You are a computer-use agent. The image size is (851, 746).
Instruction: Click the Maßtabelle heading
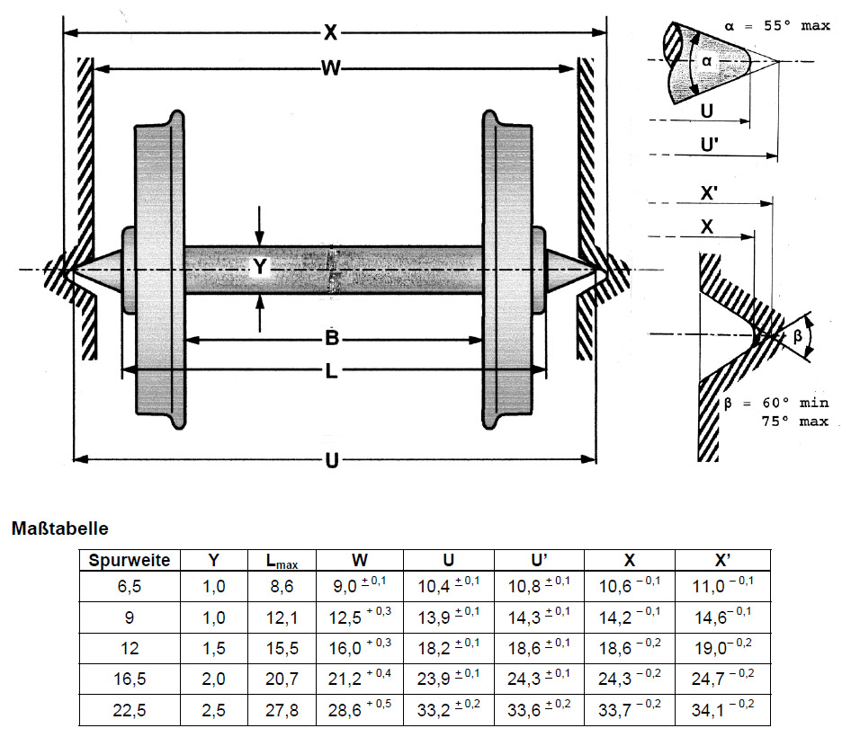click(x=60, y=528)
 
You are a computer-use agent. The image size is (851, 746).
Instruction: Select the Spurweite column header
click(x=130, y=560)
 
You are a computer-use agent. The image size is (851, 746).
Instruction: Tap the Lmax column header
click(x=281, y=561)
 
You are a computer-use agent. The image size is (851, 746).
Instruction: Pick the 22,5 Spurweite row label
click(x=130, y=711)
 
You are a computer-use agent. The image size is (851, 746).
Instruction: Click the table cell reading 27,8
click(x=281, y=711)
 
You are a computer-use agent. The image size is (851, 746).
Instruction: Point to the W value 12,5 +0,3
click(x=358, y=620)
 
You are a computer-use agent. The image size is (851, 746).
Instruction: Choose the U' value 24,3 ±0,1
click(x=539, y=680)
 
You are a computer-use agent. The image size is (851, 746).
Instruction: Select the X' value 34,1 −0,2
click(x=722, y=711)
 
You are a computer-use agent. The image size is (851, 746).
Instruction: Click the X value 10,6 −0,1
click(x=630, y=590)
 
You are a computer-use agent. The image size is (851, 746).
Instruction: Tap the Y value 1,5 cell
click(x=213, y=650)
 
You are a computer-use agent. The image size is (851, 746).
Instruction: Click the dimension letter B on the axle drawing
click(x=331, y=339)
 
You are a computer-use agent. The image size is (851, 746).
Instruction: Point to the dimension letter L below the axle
click(x=331, y=370)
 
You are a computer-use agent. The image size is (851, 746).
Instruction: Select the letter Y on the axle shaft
click(x=259, y=267)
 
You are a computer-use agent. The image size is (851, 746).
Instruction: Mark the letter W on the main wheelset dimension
click(x=330, y=68)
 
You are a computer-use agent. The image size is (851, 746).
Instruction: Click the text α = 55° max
click(x=776, y=26)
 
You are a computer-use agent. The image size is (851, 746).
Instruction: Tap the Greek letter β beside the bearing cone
click(x=796, y=338)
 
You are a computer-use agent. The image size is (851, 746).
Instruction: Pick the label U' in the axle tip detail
click(x=710, y=143)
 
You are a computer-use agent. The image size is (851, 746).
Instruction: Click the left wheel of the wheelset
click(x=159, y=270)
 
